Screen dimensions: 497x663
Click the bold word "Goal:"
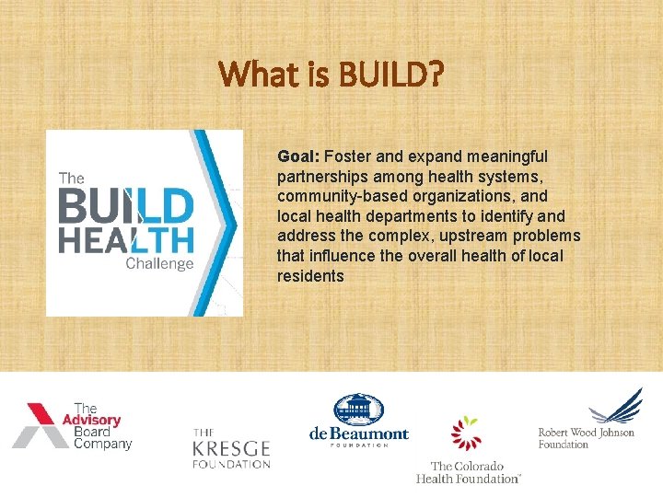(x=298, y=156)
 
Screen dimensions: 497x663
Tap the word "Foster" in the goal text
(x=345, y=156)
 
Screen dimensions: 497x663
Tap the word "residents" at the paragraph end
(x=309, y=276)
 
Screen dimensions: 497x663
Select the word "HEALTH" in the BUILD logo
(x=126, y=240)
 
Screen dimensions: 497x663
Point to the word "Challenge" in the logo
(x=159, y=264)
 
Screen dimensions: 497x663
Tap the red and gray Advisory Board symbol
(x=41, y=425)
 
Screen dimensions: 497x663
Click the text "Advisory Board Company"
(x=102, y=426)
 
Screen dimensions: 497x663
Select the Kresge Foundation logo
(x=230, y=448)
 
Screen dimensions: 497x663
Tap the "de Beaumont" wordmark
(x=358, y=433)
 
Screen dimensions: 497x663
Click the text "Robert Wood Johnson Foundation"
(x=586, y=438)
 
